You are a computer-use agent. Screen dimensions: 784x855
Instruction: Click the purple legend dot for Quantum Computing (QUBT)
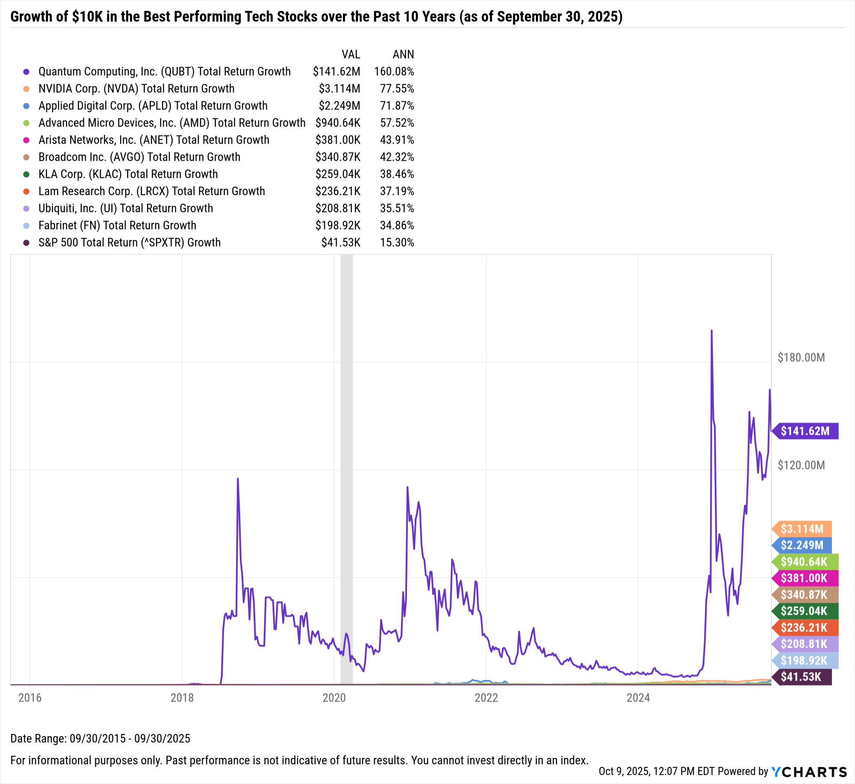pos(27,72)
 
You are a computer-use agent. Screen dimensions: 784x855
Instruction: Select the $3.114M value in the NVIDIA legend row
pos(339,88)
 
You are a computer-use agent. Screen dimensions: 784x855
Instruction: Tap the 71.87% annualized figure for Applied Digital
pos(397,106)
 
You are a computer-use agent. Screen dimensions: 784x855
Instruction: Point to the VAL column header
pos(351,54)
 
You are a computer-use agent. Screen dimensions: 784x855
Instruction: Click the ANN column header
pos(403,54)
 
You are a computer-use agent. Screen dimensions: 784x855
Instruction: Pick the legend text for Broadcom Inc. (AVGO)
pos(139,157)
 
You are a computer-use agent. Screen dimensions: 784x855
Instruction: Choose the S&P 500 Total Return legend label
pos(130,242)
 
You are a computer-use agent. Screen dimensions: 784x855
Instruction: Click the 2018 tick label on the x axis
pos(182,698)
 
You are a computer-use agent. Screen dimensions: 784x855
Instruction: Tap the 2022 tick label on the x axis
pos(486,698)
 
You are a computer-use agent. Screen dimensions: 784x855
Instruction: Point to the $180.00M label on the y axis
pos(801,357)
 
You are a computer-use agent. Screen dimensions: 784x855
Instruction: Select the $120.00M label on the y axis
pos(801,465)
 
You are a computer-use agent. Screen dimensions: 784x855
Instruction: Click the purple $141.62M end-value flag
pos(805,431)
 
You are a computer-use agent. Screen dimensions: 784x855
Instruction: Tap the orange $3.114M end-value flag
pos(802,529)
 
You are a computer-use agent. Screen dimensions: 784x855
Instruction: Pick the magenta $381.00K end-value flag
pos(804,578)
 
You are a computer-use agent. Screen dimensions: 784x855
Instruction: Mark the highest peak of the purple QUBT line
pos(711,331)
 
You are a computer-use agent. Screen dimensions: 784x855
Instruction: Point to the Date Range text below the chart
pos(100,738)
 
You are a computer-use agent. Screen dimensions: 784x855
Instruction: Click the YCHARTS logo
pos(809,772)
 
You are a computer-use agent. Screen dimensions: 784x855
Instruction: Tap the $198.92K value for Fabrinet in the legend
pos(338,225)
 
